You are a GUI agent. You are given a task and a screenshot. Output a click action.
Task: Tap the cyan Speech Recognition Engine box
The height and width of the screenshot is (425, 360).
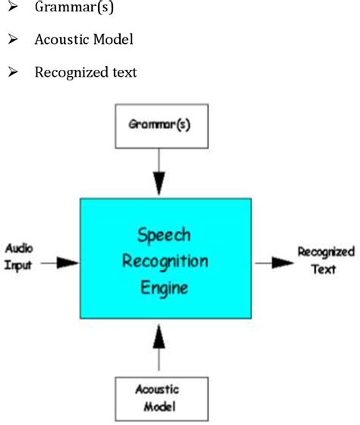click(x=166, y=258)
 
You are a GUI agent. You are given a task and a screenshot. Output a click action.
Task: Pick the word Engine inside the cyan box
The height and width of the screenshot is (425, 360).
click(x=166, y=288)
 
